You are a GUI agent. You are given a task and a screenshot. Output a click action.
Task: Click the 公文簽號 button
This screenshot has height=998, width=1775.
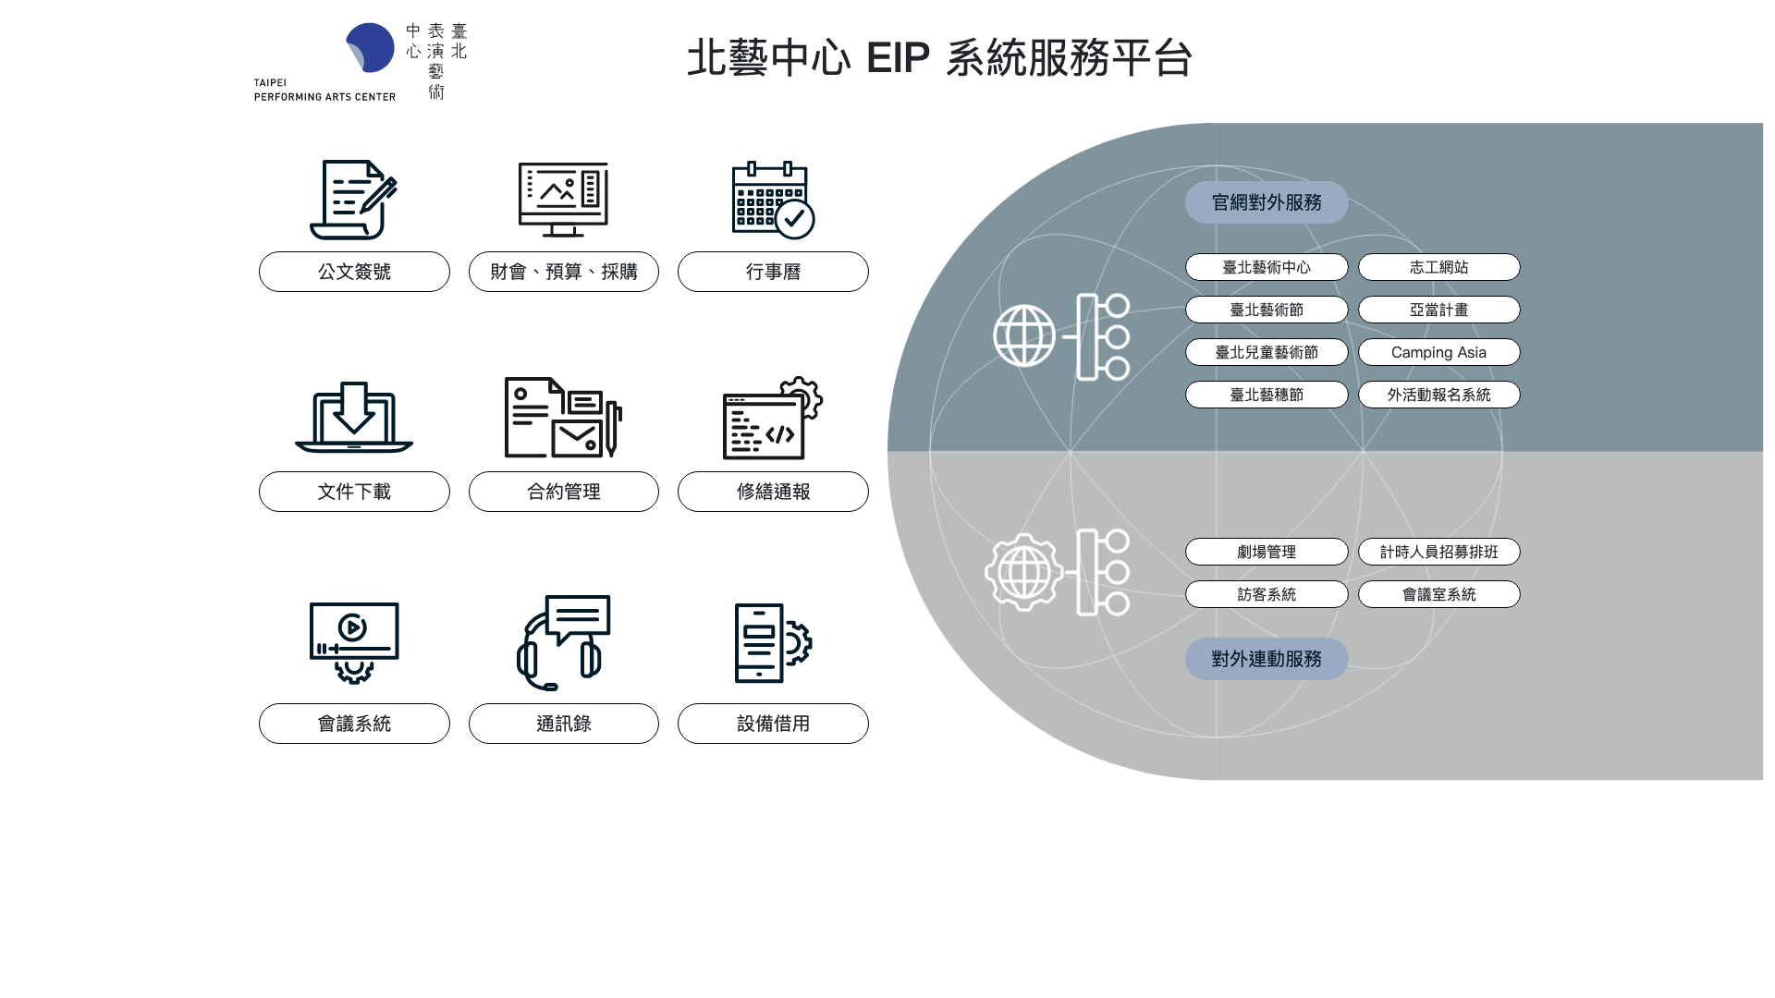click(354, 272)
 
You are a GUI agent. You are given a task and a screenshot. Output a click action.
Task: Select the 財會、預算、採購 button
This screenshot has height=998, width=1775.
click(563, 272)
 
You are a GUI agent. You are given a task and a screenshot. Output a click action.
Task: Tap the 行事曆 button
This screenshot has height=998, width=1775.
click(773, 272)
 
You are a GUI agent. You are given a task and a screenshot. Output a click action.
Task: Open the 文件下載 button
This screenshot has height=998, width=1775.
click(354, 492)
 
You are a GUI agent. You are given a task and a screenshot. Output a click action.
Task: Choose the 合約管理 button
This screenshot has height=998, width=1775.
click(563, 492)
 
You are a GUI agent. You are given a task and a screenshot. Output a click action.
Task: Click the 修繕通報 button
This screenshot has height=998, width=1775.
click(773, 492)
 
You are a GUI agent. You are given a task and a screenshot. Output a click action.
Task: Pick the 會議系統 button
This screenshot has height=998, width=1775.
click(354, 724)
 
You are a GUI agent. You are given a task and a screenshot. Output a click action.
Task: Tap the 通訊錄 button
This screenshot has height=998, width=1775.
click(563, 724)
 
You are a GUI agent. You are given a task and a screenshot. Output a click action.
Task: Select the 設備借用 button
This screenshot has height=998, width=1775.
click(773, 724)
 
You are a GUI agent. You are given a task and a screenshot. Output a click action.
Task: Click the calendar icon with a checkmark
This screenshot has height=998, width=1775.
click(773, 200)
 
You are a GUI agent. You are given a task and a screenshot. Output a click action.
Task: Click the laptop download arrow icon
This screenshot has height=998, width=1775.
click(354, 417)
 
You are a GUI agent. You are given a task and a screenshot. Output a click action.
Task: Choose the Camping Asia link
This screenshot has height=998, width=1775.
click(1438, 352)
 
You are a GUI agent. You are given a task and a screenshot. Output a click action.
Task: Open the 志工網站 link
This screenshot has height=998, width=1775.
click(1438, 267)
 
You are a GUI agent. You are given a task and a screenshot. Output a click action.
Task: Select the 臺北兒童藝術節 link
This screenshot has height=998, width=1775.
click(1267, 352)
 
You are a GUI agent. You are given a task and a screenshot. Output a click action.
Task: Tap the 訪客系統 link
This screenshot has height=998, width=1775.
click(1267, 594)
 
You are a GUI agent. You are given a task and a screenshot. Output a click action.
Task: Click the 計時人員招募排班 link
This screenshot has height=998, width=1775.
click(1438, 552)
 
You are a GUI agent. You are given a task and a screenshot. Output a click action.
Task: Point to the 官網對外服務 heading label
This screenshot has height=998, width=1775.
click(1267, 202)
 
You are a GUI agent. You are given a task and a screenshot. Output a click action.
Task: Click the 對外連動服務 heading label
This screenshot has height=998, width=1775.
click(1267, 659)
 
